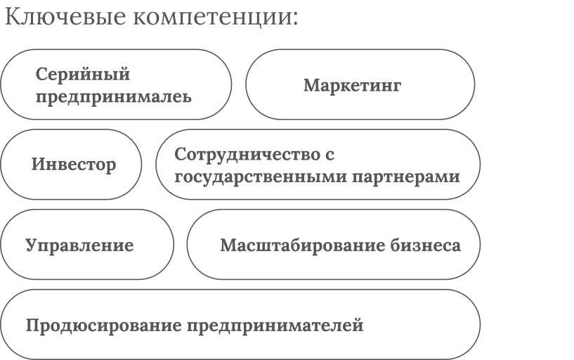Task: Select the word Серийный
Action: (83, 74)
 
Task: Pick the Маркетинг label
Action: (352, 85)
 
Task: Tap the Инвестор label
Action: (74, 165)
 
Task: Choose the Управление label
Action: (79, 245)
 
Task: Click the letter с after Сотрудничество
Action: (327, 155)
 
